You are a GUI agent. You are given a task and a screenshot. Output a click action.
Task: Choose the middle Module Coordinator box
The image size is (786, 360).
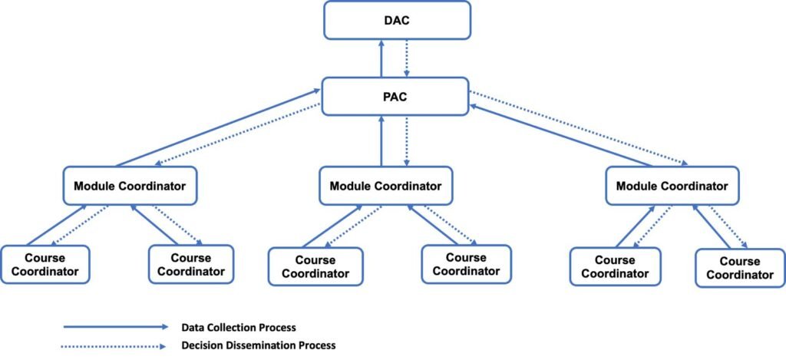pos(385,186)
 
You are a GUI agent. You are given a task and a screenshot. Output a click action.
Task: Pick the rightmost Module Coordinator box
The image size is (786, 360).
pos(672,186)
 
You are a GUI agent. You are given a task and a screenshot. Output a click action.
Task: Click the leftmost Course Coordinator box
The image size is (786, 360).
pos(45,265)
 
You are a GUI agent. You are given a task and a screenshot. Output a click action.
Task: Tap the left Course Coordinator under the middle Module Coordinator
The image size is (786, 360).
pos(314,266)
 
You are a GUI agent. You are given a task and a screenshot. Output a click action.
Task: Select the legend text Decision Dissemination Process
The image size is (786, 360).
pos(259,345)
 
